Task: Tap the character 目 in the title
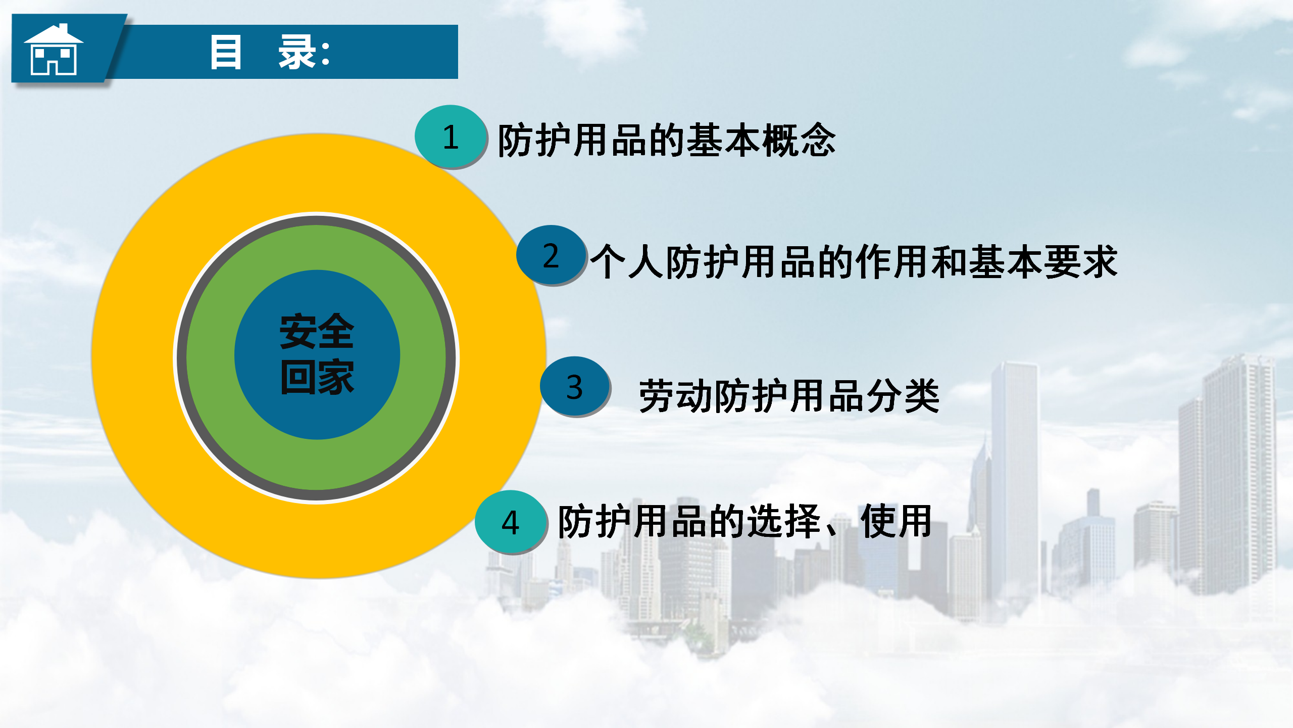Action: tap(226, 52)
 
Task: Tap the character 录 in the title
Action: tap(297, 52)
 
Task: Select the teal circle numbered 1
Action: tap(451, 136)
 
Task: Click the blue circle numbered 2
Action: tap(552, 255)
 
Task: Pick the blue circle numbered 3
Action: tap(575, 387)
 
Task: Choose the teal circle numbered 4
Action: tap(511, 522)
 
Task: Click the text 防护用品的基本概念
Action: tap(667, 140)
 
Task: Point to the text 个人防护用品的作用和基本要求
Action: tap(854, 261)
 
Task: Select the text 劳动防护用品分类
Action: tap(789, 396)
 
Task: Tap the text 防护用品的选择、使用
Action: tap(744, 521)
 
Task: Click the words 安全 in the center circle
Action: tap(317, 331)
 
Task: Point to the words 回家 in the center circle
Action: tap(317, 377)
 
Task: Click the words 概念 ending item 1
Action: tap(799, 140)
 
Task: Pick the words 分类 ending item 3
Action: tap(903, 396)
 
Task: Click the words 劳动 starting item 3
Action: tap(676, 396)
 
